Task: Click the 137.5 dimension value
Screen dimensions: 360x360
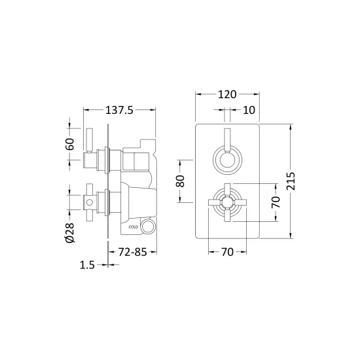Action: point(119,110)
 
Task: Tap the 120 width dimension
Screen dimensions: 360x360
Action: point(227,94)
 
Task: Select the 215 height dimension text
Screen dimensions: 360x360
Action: point(291,181)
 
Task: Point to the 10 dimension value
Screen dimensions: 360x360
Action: point(249,110)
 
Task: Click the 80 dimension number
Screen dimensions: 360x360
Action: point(181,181)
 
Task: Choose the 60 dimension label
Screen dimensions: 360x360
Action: point(70,144)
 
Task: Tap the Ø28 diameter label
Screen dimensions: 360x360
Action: point(70,232)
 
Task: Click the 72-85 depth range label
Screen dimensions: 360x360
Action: point(132,252)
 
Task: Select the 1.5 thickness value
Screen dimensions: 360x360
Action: point(87,265)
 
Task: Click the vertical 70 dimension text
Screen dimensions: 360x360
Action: point(276,202)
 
